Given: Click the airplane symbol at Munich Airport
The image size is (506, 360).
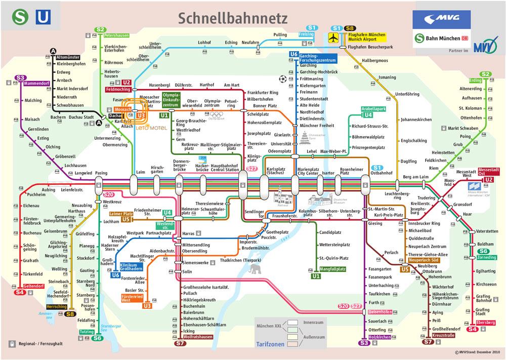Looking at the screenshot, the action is [333, 37].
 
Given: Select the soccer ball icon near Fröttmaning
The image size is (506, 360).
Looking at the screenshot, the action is [282, 79].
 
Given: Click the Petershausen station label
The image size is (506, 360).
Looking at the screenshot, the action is [116, 36].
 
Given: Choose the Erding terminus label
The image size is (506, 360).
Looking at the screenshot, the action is [475, 81].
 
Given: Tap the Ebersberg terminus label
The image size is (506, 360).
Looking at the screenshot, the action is [486, 323].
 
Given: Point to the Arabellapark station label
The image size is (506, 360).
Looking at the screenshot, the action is [373, 109].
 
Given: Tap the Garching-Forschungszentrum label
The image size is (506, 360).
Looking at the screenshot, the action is [318, 57].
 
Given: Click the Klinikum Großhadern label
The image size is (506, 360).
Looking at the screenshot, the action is [133, 267].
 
